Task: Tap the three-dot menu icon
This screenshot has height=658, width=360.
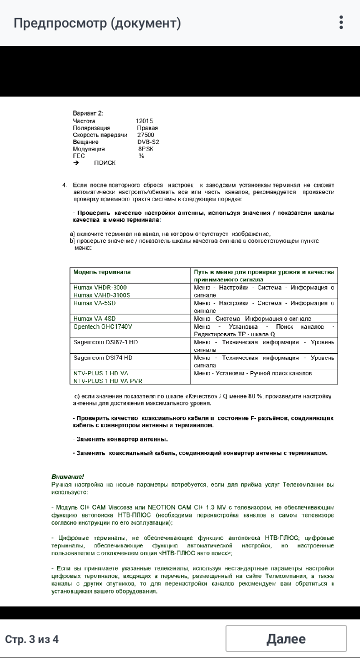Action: coord(341,23)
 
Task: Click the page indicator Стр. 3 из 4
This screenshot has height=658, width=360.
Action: coord(31,639)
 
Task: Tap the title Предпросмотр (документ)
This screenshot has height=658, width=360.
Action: coord(97,23)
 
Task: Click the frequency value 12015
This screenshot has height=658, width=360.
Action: coord(144,121)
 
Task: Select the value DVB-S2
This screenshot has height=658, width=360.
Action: coord(148,142)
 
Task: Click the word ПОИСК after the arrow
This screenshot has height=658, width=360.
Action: coord(104,163)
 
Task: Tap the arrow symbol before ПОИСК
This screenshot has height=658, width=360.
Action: coord(76,163)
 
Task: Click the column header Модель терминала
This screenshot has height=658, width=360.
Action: coord(102,272)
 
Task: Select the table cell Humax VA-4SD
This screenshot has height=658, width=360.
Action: coord(94,318)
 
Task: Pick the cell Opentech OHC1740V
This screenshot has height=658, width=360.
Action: coord(102,326)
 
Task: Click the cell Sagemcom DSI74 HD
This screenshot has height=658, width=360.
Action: coord(103,358)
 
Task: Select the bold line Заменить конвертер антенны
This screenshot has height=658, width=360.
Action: coord(120,439)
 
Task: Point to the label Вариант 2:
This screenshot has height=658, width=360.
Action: coord(88,114)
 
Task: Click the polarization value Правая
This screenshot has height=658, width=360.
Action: coord(148,128)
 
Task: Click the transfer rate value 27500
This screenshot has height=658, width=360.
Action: coord(145,135)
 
